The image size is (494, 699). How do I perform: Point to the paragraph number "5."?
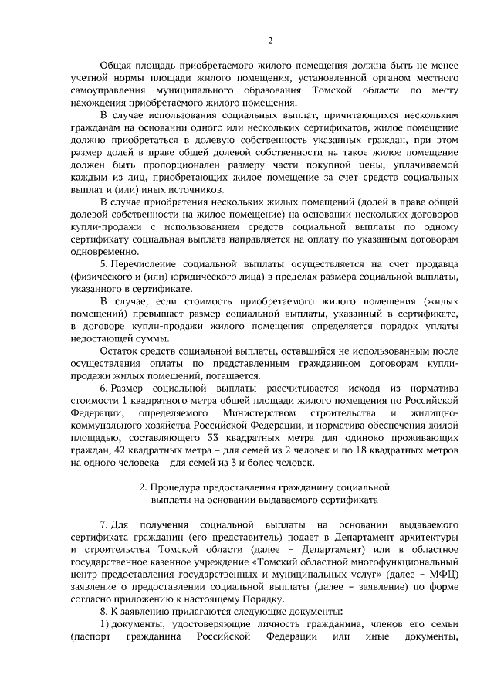pyautogui.click(x=104, y=264)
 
